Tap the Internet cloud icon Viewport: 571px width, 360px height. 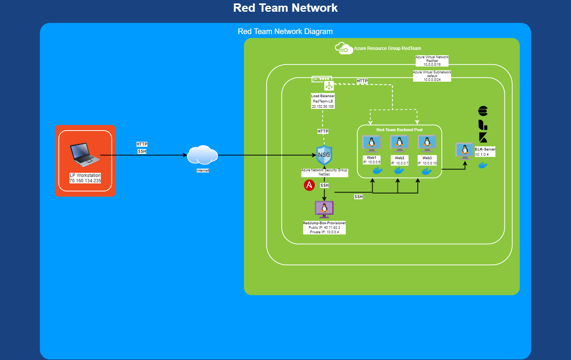tap(203, 155)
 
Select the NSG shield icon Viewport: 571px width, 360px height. tap(324, 155)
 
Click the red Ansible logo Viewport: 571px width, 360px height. tap(309, 185)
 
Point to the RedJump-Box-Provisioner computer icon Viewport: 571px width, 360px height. tap(324, 209)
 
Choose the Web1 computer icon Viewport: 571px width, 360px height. tap(371, 144)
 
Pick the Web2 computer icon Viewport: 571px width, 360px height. tap(399, 144)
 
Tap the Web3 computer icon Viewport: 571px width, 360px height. tap(427, 144)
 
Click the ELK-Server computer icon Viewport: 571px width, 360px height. tap(464, 151)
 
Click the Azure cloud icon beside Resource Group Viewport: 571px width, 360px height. tap(344, 48)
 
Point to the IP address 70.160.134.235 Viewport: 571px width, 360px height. tap(85, 181)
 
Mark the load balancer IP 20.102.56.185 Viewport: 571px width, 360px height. tap(323, 107)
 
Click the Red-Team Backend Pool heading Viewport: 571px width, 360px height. tap(399, 130)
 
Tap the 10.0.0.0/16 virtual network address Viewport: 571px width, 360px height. tap(432, 65)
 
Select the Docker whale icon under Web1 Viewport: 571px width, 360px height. tap(378, 171)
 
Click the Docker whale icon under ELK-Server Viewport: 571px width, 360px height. tap(483, 165)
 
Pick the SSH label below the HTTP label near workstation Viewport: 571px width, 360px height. tap(142, 151)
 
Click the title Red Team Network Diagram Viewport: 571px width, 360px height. tap(285, 31)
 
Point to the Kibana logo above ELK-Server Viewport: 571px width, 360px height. tap(483, 137)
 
